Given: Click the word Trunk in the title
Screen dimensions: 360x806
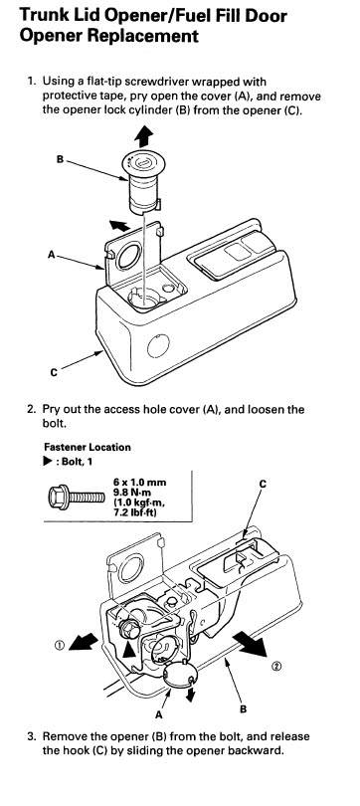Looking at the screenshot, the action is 42,14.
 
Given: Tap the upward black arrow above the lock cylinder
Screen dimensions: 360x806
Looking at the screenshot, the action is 144,135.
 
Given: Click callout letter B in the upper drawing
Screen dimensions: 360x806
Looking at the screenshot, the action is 60,159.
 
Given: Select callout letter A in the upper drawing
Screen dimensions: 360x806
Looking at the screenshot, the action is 52,254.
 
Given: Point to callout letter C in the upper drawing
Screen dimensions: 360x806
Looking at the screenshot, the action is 54,373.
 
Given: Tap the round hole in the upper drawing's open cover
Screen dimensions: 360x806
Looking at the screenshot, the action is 127,257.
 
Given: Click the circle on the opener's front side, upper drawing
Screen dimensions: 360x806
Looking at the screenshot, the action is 158,345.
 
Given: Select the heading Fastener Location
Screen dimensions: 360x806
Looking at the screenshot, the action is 88,447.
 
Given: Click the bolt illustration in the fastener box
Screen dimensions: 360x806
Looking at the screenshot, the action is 76,497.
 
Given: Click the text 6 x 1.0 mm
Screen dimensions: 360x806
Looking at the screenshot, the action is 139,483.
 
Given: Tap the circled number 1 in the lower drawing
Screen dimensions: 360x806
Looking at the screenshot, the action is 60,643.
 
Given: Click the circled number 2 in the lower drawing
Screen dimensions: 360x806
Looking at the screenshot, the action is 276,667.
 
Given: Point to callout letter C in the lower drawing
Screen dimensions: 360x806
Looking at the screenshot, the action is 263,484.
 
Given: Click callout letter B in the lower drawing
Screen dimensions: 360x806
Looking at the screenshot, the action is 244,709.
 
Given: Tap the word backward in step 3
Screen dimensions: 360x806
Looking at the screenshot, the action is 259,750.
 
